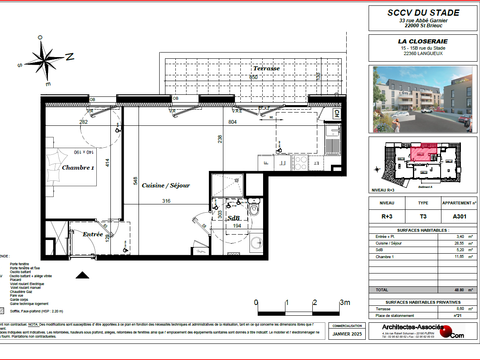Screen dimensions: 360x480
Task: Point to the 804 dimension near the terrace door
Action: click(x=232, y=121)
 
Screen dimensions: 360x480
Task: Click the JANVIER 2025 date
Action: click(x=346, y=347)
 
